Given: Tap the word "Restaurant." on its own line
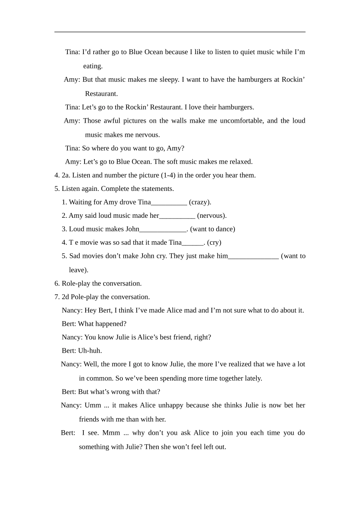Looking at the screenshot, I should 101,94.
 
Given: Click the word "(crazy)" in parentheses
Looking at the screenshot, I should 200,202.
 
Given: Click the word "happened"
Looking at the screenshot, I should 113,324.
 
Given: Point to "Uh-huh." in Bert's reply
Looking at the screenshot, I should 90,351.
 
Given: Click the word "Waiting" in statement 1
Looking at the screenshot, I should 81,202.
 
